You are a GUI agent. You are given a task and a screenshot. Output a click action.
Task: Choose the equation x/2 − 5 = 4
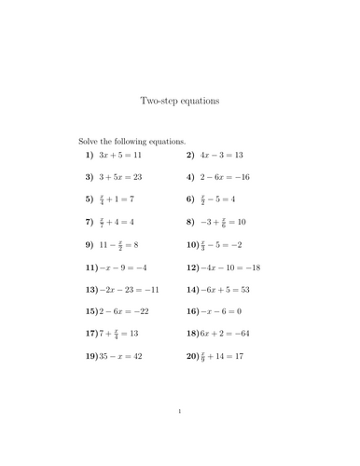pyautogui.click(x=223, y=199)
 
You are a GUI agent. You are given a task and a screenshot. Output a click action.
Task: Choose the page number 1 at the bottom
pyautogui.click(x=180, y=411)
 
